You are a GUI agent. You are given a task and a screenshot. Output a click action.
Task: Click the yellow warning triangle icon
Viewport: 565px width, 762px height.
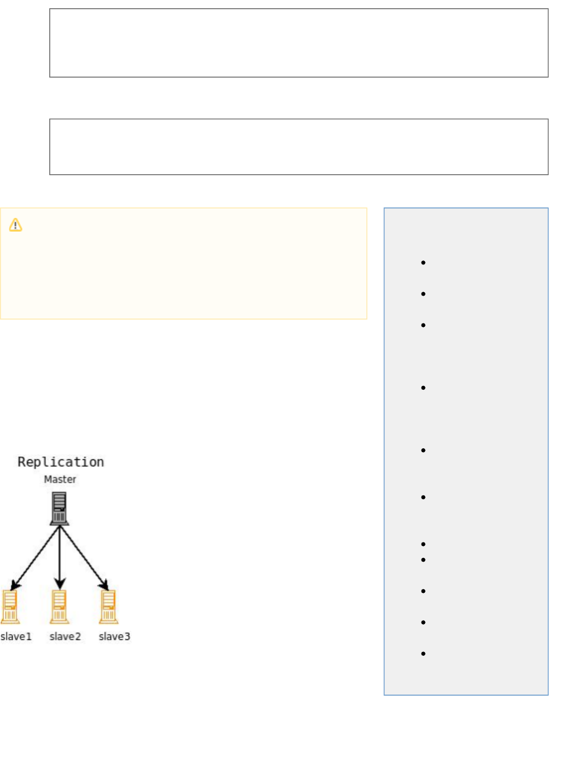pos(15,225)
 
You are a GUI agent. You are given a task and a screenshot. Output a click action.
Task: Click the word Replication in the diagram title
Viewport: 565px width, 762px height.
pos(61,462)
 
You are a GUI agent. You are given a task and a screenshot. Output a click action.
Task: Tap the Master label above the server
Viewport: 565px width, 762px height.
pos(60,480)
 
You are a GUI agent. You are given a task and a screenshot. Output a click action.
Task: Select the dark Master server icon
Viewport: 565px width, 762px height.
pos(59,508)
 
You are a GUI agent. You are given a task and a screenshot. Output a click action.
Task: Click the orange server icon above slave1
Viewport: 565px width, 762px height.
pos(10,607)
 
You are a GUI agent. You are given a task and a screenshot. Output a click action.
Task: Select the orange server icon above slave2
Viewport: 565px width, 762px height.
pos(59,607)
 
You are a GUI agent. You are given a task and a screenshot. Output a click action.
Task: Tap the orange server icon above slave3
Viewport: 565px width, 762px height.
pos(108,607)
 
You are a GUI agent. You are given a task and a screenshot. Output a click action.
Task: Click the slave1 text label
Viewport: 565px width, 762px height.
pos(16,637)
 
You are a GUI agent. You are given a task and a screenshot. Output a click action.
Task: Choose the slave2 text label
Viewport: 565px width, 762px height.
pos(65,637)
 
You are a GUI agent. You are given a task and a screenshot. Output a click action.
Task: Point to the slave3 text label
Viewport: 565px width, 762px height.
pos(114,637)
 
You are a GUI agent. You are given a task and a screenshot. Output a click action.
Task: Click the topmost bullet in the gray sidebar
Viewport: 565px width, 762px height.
pos(423,263)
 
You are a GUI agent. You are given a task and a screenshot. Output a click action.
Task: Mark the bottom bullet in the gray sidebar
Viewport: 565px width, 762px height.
pos(423,654)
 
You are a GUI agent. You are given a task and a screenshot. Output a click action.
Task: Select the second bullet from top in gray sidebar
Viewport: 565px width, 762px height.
pos(423,294)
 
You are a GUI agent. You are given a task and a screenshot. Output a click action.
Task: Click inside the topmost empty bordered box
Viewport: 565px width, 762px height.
pos(298,43)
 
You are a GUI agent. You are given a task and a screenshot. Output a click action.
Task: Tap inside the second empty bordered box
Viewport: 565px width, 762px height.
pos(298,147)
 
